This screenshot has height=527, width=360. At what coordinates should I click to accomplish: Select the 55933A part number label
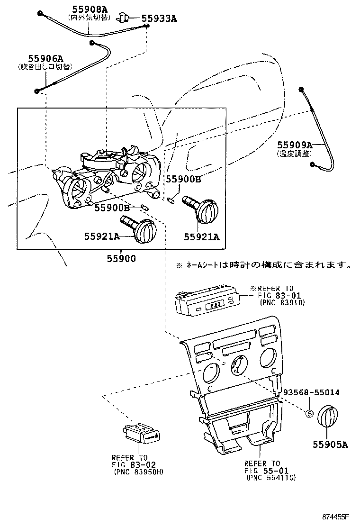[160, 19]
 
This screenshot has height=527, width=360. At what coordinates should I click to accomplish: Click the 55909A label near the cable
[295, 145]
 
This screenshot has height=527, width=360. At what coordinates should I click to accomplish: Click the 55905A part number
[330, 444]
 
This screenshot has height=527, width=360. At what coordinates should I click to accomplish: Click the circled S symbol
[309, 413]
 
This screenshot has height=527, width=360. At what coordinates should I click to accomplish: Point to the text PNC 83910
[282, 302]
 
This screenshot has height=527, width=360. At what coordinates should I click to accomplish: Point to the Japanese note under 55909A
[294, 154]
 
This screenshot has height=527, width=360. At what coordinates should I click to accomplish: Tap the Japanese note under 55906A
[45, 67]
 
